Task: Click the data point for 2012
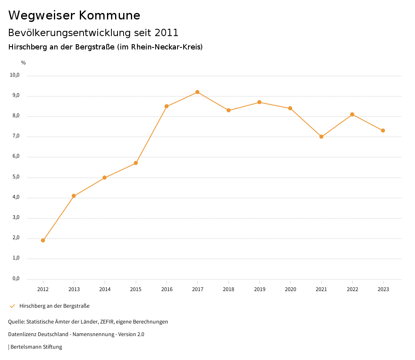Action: point(43,240)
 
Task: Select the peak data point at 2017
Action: point(197,92)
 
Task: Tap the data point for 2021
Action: point(321,137)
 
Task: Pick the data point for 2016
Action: point(167,106)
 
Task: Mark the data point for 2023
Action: point(383,131)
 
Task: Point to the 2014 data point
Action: point(105,178)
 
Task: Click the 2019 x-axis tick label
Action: point(259,289)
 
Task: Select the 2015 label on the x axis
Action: point(136,289)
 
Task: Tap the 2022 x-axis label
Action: point(352,289)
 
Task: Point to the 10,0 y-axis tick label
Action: point(15,75)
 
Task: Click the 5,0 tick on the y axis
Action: point(16,177)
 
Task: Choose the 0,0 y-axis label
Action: point(16,279)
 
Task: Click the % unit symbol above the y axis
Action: point(24,63)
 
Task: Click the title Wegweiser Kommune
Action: point(74,15)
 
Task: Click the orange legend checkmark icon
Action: point(12,306)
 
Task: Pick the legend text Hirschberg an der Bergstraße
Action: point(54,306)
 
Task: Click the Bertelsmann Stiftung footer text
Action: point(36,347)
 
